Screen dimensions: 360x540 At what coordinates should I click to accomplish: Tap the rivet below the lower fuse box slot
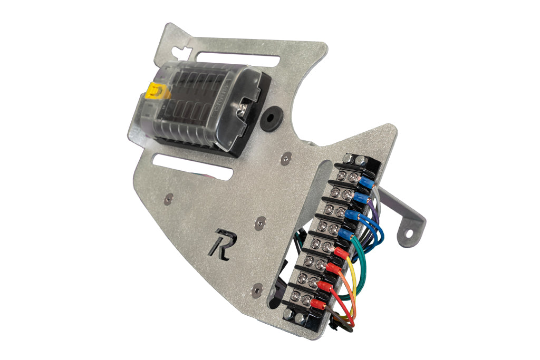pos(168,198)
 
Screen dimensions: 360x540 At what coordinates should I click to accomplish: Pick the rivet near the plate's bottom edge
pos(257,288)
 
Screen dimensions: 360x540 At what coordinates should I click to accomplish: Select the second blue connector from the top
pos(360,198)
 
